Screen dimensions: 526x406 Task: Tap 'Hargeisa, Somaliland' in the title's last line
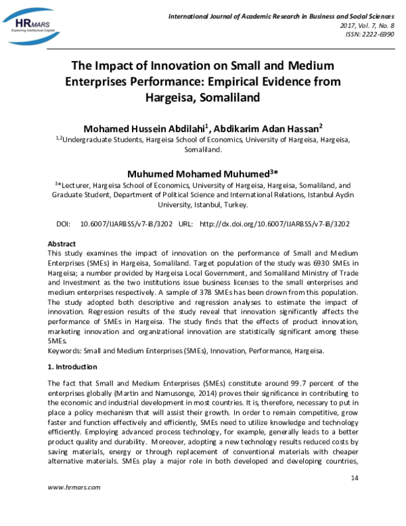coord(202,97)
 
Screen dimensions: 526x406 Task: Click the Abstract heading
coord(62,243)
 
